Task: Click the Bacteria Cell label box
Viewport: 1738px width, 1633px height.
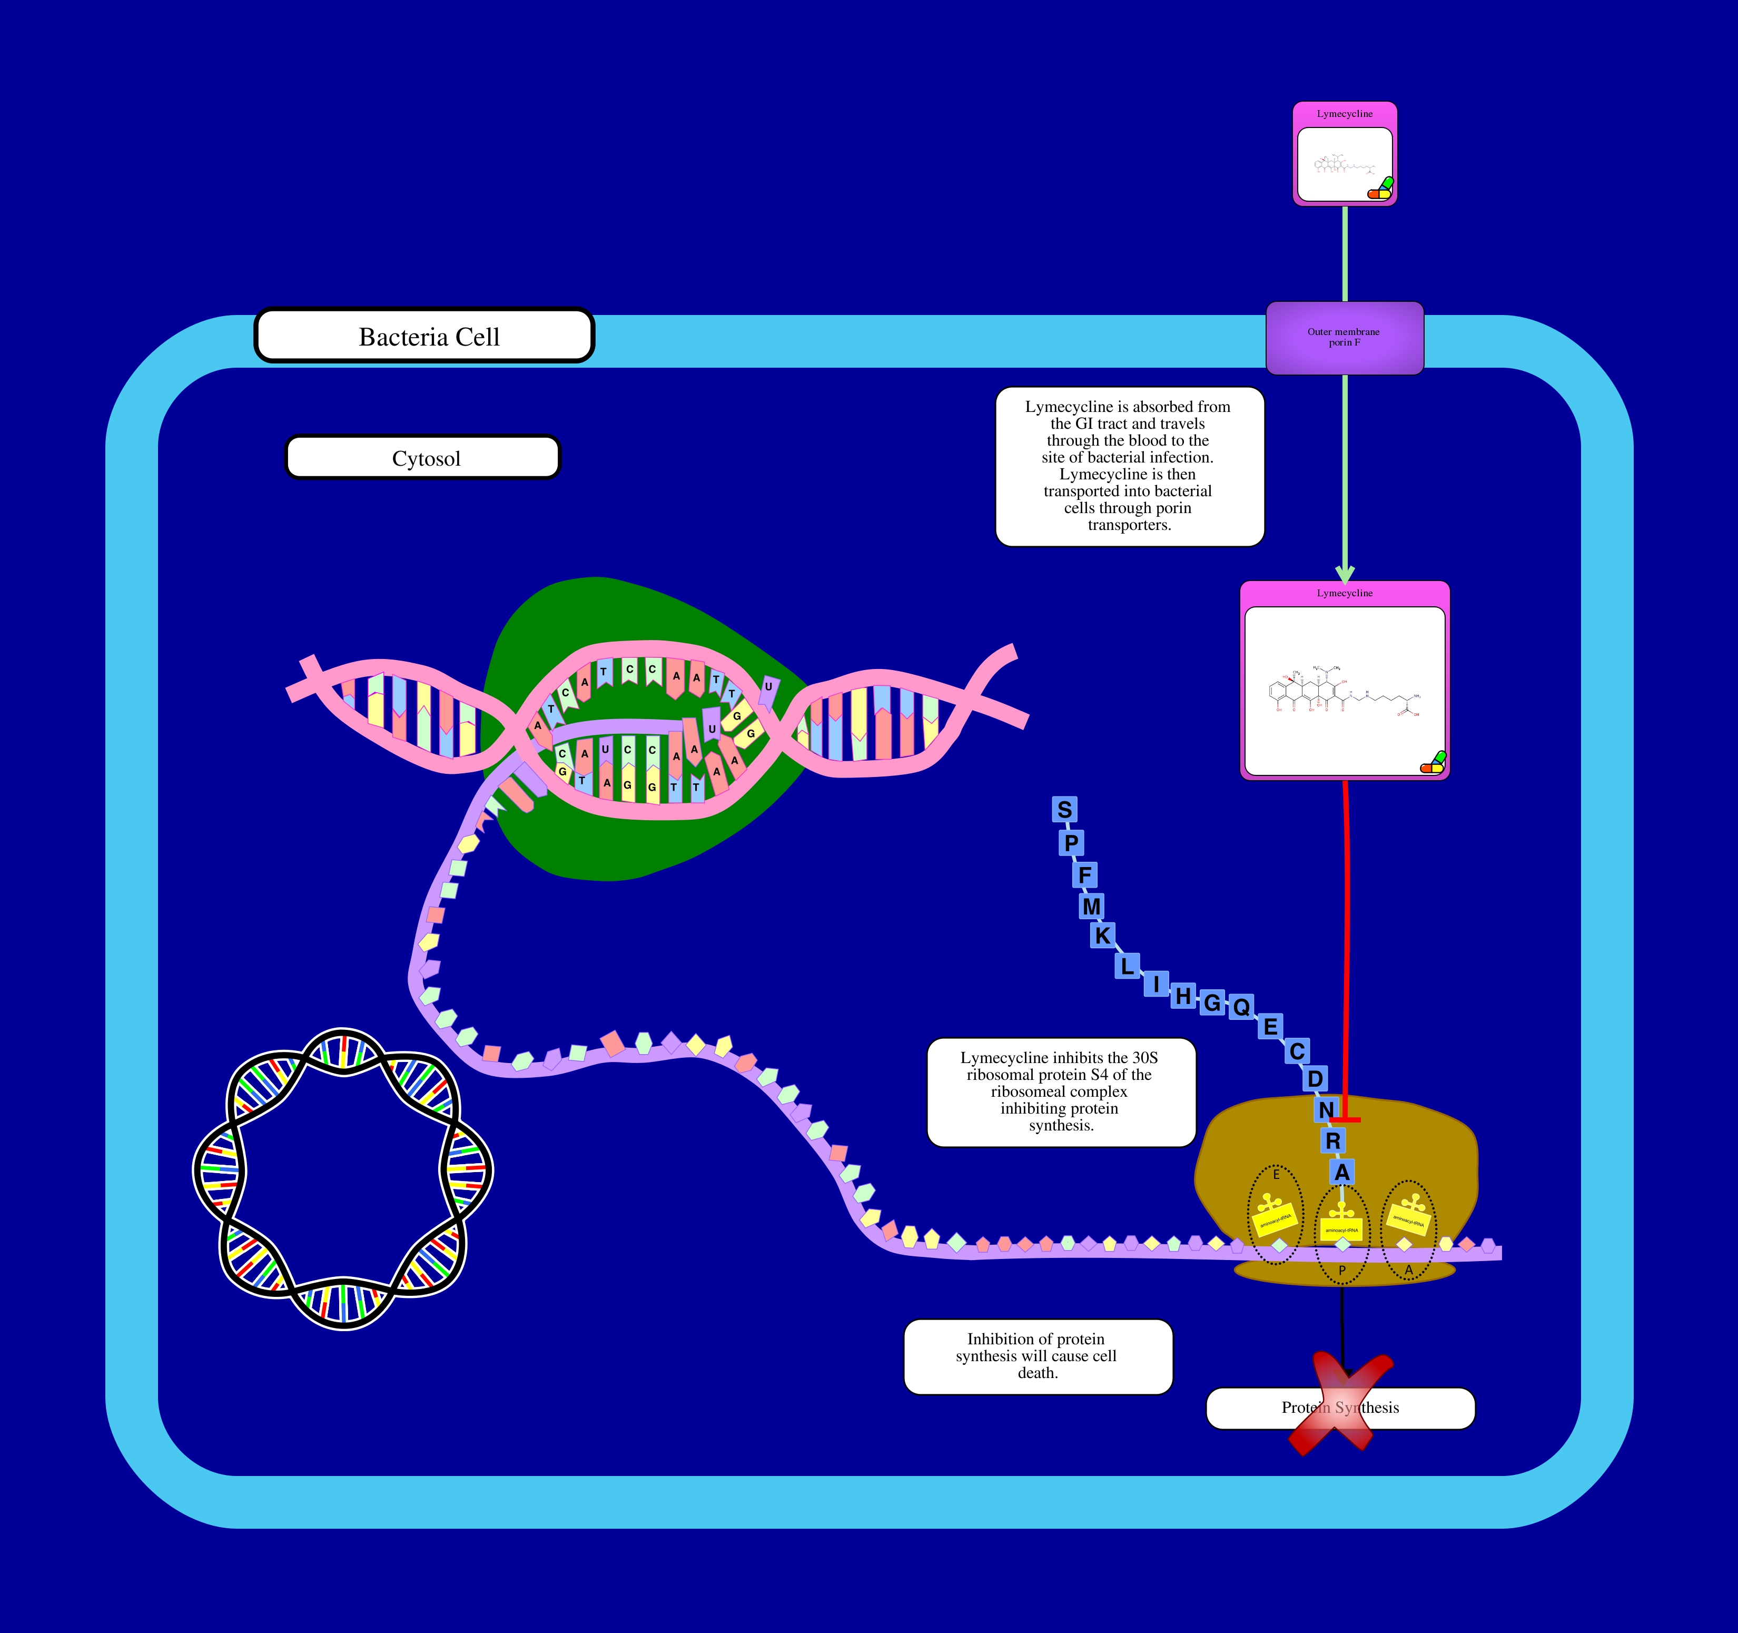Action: (424, 336)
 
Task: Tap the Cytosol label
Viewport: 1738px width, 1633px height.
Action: (423, 457)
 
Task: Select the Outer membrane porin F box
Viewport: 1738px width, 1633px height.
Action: (1344, 338)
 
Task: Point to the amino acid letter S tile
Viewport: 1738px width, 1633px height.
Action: (1064, 810)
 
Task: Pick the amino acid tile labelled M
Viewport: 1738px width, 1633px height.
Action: (1091, 906)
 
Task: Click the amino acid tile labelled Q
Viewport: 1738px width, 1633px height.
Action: (1240, 1007)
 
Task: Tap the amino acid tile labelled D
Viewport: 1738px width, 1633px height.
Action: (1315, 1078)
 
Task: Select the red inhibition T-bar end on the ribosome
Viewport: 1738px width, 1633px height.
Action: (1345, 1119)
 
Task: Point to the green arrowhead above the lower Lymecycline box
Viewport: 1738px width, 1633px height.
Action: (1345, 574)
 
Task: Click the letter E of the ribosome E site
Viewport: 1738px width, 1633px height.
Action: (1276, 1175)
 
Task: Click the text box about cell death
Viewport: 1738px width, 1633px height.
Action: (1038, 1356)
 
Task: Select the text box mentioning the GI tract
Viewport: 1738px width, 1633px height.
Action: (1129, 466)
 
